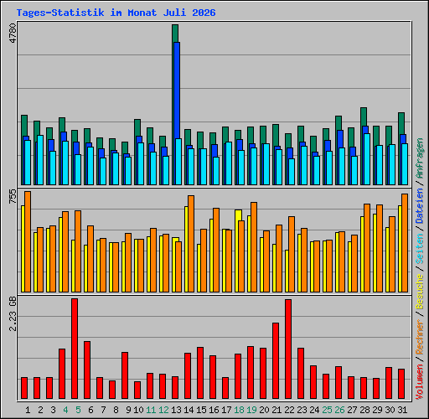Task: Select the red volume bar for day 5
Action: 75,349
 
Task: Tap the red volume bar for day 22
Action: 288,349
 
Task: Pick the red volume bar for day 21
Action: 276,360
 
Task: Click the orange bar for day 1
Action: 28,241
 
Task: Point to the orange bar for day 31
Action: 405,243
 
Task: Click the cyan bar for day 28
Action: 367,159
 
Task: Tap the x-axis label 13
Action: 176,410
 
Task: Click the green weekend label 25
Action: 327,410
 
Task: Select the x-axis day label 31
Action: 402,410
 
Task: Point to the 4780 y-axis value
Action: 13,33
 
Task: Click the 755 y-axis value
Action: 13,196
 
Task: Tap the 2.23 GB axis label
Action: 13,313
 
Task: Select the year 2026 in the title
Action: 204,13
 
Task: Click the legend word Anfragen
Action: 420,158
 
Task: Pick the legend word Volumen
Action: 420,382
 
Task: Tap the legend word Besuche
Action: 420,291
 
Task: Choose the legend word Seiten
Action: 420,249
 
